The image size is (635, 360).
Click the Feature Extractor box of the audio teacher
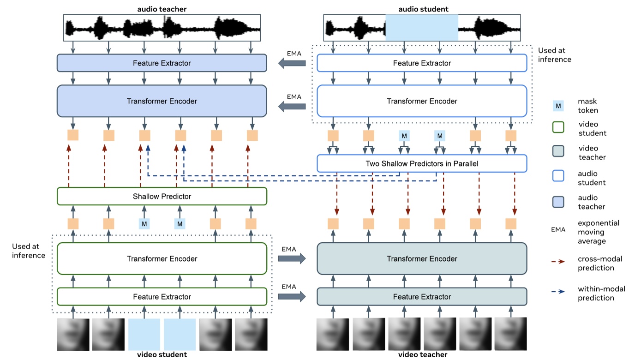point(162,63)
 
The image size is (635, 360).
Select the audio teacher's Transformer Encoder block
point(162,101)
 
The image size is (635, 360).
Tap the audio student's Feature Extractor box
point(422,63)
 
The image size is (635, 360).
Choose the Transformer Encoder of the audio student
point(422,101)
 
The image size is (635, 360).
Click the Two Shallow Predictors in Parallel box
point(422,163)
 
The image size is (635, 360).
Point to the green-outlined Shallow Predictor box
point(162,196)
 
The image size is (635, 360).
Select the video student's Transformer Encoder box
point(162,258)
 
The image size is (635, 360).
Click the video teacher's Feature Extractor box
point(422,297)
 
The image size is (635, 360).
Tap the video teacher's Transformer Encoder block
point(422,258)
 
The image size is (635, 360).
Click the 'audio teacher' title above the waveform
point(162,9)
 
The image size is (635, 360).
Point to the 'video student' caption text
point(162,354)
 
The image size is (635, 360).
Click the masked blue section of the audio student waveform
point(421,27)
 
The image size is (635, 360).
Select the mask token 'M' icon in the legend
point(558,106)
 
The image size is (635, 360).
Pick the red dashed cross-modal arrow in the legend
point(558,261)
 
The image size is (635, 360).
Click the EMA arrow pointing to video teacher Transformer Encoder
point(292,258)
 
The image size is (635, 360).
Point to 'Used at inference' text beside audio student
point(555,55)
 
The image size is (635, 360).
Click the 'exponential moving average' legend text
point(599,232)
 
